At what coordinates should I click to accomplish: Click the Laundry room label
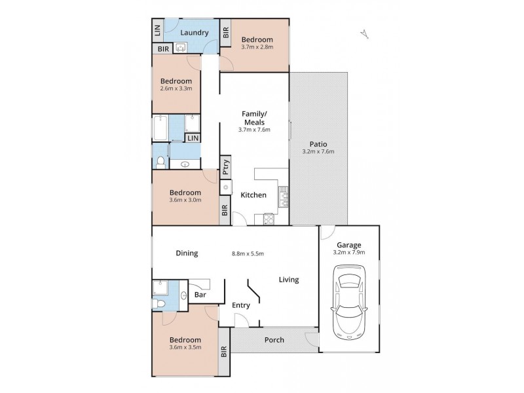click(x=195, y=33)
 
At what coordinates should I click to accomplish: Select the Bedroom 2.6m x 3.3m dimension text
click(x=176, y=89)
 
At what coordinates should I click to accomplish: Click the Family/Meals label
click(x=253, y=118)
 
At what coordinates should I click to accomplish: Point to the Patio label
click(x=318, y=144)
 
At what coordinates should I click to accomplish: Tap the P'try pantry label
click(x=225, y=168)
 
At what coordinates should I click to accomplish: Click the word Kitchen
click(x=253, y=195)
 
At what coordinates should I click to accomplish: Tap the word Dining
click(x=187, y=253)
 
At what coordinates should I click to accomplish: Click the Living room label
click(x=288, y=280)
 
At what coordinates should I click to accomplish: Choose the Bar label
click(x=199, y=296)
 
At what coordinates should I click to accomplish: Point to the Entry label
click(x=241, y=305)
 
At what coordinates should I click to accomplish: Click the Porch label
click(x=273, y=340)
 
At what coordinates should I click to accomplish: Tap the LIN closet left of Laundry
click(x=157, y=31)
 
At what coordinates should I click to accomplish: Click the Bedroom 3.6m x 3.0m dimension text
click(x=185, y=200)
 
